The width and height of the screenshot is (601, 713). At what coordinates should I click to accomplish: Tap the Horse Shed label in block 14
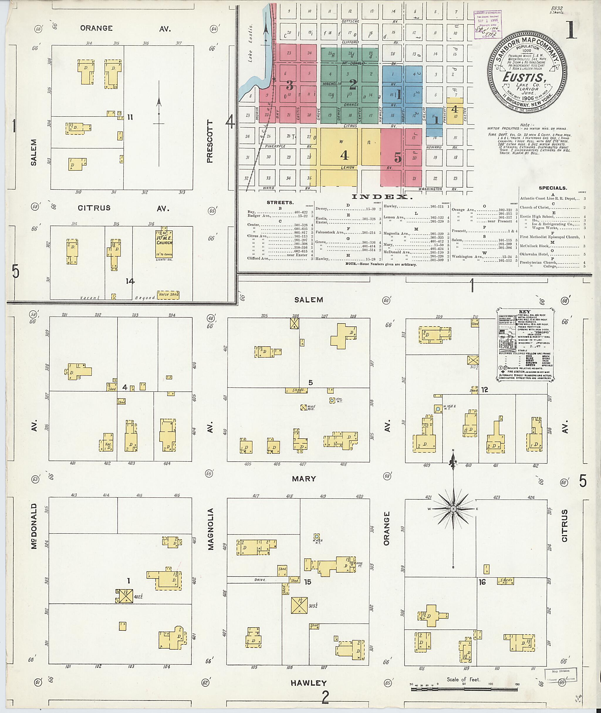tap(168, 294)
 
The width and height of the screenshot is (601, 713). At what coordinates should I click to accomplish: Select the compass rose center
tap(453, 509)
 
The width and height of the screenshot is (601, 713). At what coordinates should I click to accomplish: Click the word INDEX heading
tap(381, 197)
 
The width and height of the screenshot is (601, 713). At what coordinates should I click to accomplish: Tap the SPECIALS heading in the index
tap(553, 188)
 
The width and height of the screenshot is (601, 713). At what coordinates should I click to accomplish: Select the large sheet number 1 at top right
tap(571, 30)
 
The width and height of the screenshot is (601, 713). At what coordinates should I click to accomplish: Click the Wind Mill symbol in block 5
tap(303, 407)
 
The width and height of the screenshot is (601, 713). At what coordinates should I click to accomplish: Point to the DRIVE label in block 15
tap(260, 580)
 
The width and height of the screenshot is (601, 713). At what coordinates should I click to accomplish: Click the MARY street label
tap(304, 479)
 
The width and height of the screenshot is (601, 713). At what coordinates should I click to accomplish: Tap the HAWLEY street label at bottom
tap(309, 683)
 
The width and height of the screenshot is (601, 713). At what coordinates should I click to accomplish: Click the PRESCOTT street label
tap(210, 141)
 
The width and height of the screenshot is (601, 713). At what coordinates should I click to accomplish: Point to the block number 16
tap(482, 582)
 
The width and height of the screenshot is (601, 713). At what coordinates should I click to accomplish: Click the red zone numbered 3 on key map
tap(289, 84)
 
